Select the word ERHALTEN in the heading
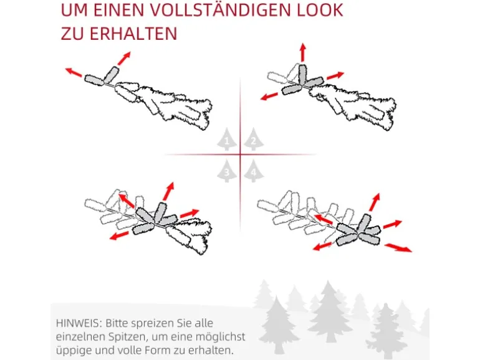click(133, 34)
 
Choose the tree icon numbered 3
click(227, 171)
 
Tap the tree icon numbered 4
click(254, 171)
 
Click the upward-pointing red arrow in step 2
click(303, 52)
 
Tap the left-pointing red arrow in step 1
click(74, 72)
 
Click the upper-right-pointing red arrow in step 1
click(124, 58)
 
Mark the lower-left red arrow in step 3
click(119, 235)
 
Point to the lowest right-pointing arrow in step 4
click(398, 248)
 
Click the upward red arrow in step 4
click(375, 202)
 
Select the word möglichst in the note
click(221, 337)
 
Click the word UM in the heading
click(74, 10)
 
